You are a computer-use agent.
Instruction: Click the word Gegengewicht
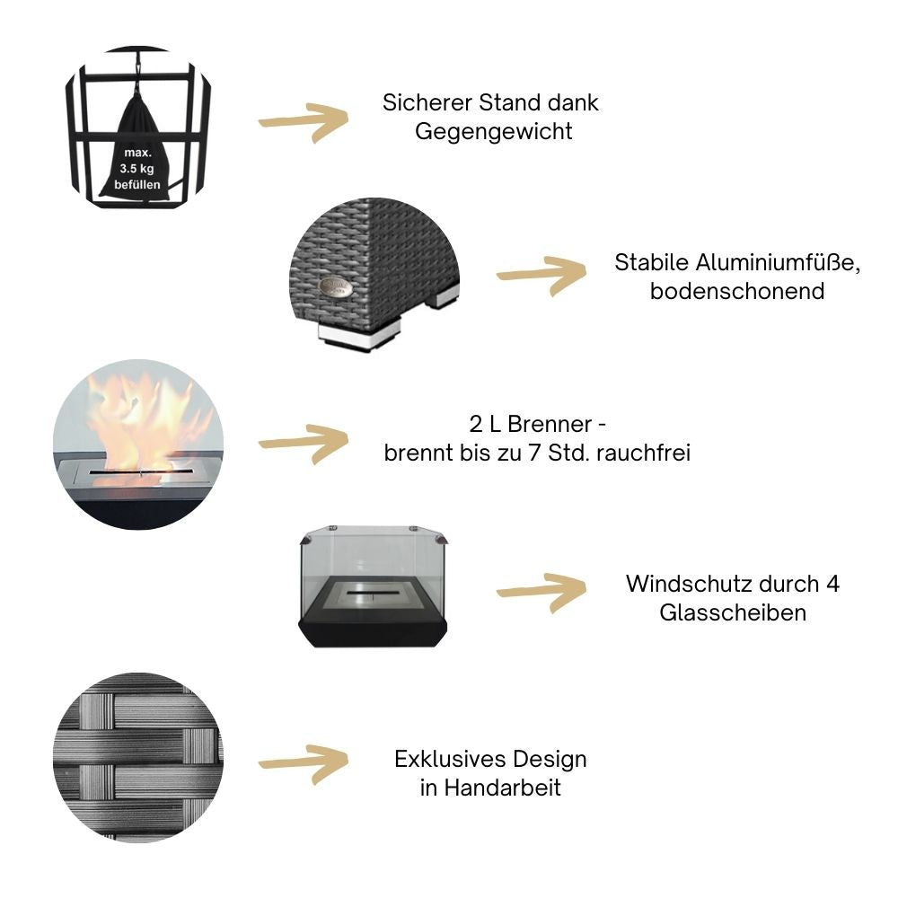point(493,131)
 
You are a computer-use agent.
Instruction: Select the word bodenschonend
point(737,292)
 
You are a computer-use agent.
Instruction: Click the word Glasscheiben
point(733,612)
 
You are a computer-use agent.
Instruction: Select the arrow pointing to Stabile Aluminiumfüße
point(541,275)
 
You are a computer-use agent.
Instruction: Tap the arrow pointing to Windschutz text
point(541,593)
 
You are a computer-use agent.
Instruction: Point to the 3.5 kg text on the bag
point(136,167)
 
